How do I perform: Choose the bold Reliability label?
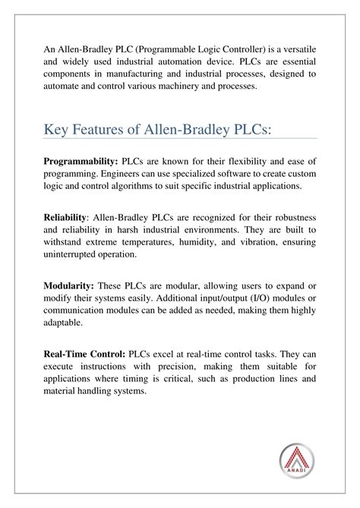[x=74, y=218]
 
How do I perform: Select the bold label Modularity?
[x=74, y=286]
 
